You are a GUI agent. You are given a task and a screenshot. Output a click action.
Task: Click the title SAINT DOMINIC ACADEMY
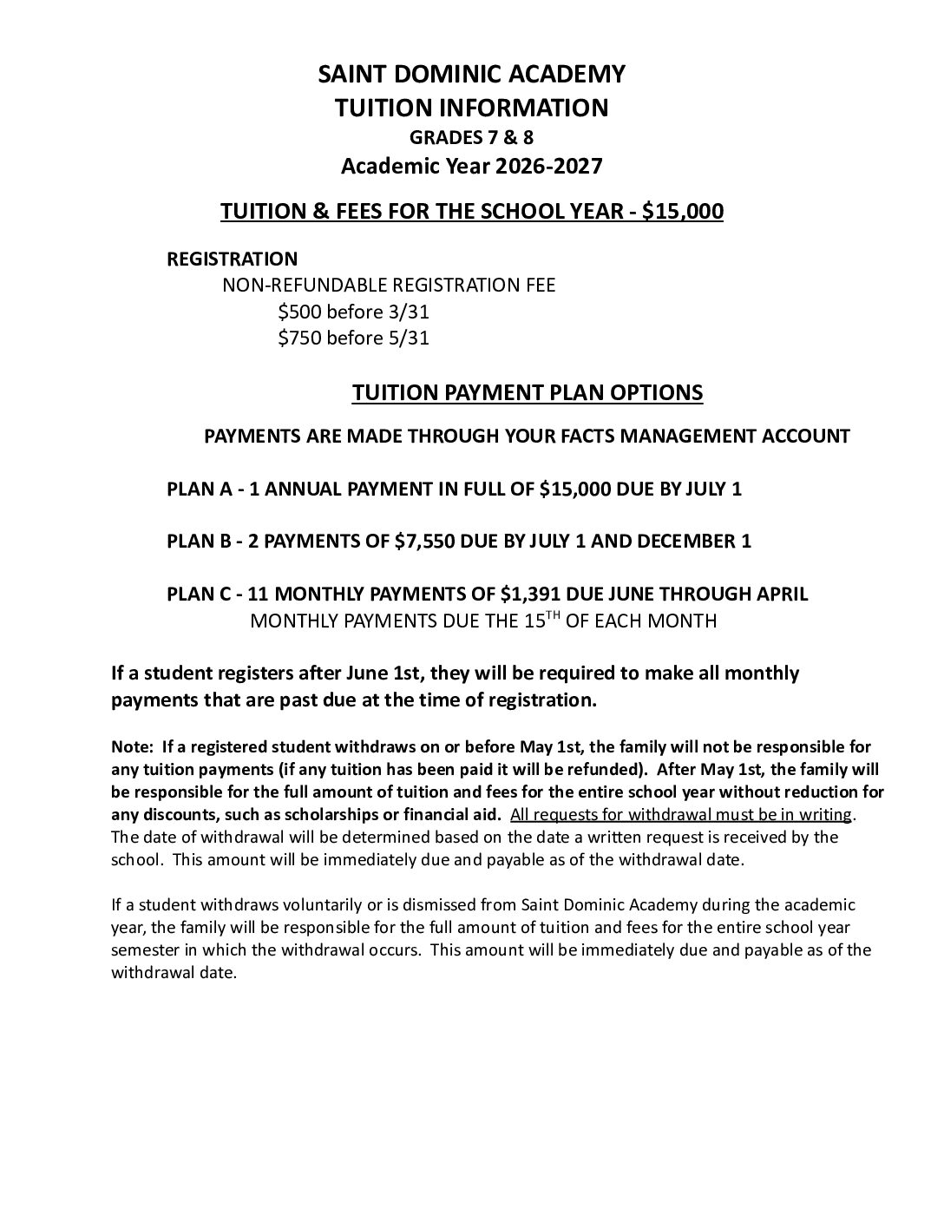[471, 75]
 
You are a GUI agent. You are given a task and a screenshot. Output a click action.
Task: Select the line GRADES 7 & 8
[471, 136]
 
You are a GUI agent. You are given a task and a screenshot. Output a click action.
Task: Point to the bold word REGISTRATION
[232, 259]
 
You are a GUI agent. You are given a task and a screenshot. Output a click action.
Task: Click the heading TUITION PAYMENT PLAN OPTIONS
[527, 392]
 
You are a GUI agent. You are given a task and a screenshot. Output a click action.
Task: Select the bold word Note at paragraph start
[129, 747]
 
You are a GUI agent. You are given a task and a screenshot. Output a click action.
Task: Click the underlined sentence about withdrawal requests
[682, 815]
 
